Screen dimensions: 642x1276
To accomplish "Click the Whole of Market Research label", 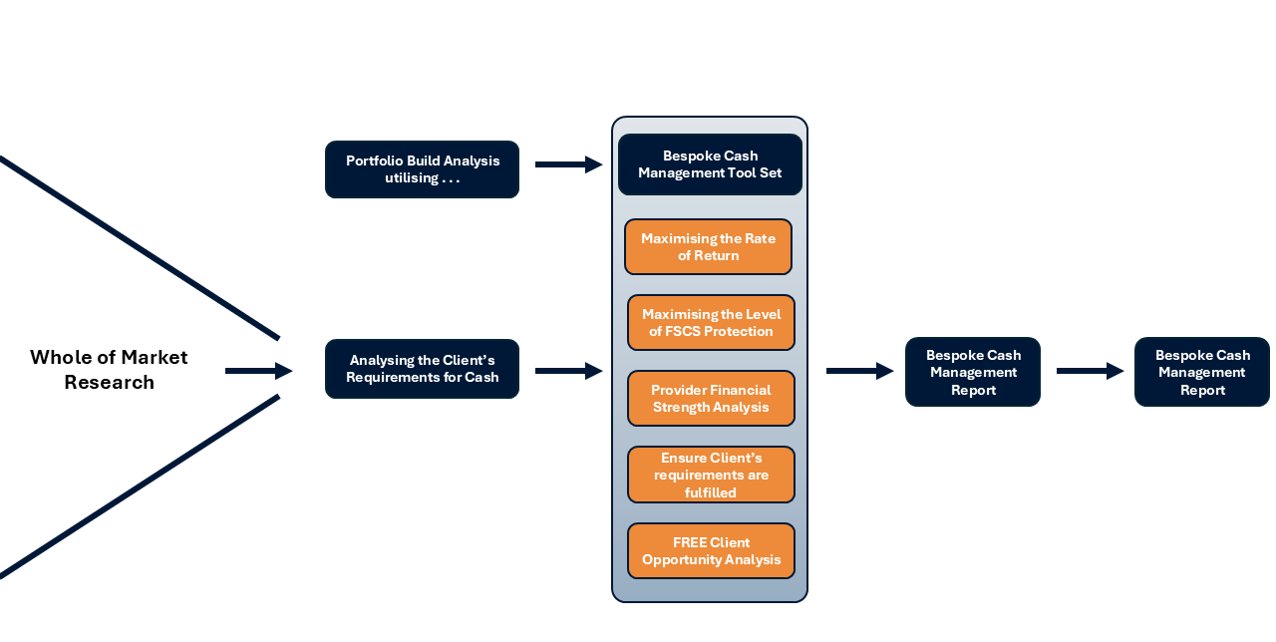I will point(109,370).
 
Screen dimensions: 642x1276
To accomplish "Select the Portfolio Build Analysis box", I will point(422,169).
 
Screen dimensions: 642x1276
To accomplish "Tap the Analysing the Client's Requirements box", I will point(422,369).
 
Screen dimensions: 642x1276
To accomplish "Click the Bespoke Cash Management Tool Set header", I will point(710,164).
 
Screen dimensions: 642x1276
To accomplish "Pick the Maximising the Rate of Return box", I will point(708,247).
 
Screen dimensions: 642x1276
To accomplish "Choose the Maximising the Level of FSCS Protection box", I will point(711,323).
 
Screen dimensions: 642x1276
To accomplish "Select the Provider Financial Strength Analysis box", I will point(711,399).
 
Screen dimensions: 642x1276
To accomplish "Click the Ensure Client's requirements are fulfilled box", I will point(711,475).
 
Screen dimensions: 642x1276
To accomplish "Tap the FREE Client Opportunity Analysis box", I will point(711,551).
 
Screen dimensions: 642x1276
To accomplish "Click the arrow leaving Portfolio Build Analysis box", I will point(568,164).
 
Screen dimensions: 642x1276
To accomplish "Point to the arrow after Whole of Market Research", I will point(258,371).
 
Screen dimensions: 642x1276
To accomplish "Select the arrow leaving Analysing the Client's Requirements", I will point(568,371).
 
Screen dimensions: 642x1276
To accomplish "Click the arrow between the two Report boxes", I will point(1089,371).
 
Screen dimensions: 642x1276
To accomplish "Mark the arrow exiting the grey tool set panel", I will point(859,371).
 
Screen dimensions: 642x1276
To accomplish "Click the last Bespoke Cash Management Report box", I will point(1201,372).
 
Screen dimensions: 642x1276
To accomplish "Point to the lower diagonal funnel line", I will point(140,486).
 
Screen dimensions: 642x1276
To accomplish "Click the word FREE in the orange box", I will point(690,543).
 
